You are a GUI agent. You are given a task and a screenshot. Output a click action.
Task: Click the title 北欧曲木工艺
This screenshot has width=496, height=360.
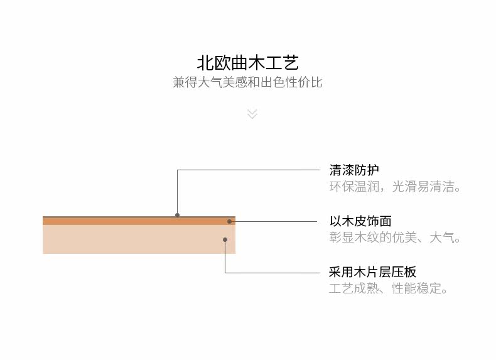pos(247,63)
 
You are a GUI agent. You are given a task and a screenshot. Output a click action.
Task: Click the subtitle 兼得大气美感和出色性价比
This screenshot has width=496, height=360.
pos(247,82)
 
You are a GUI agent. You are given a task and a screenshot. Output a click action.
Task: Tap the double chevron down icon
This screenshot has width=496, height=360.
pos(252,114)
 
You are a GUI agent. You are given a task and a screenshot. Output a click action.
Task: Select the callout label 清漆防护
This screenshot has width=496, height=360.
pos(354,170)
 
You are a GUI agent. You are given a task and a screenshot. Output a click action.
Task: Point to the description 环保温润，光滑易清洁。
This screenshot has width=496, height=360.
pos(396,187)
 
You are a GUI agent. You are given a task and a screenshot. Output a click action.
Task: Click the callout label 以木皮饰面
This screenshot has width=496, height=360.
pos(360,221)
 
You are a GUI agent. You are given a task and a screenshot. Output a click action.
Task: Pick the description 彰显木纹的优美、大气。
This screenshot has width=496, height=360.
pos(396,238)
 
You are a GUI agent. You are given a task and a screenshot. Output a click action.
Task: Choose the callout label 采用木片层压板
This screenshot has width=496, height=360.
pos(372,273)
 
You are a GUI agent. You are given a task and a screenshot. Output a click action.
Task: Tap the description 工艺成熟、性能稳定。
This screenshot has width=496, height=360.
pos(389,289)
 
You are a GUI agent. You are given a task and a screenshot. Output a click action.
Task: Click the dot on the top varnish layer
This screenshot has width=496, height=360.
pos(177,215)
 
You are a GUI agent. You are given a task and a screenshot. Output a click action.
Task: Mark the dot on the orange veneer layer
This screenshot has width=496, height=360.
pos(230,221)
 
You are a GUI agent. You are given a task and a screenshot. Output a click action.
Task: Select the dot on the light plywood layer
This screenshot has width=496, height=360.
pos(225,239)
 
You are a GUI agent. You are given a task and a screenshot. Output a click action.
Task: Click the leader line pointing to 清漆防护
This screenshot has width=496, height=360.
pos(251,170)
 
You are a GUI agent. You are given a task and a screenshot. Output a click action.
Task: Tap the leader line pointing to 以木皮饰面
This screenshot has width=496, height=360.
pos(276,221)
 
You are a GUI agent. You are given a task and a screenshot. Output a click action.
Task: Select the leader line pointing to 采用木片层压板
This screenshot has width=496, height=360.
pos(270,273)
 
